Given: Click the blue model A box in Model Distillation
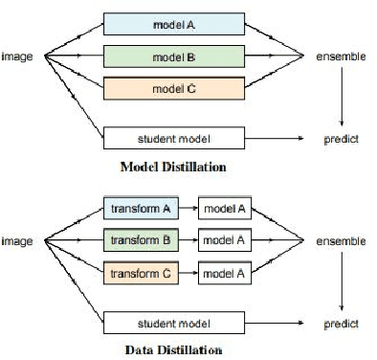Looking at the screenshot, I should (175, 23).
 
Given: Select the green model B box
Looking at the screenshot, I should (175, 57).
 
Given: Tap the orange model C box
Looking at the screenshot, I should (175, 91).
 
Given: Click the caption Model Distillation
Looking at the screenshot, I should (173, 166).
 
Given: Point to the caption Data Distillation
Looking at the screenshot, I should (174, 349).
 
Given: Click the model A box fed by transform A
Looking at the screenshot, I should (226, 207).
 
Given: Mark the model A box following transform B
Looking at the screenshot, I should (226, 239).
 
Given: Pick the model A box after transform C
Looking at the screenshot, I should (226, 275).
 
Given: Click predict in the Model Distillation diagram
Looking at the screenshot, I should (342, 140).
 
